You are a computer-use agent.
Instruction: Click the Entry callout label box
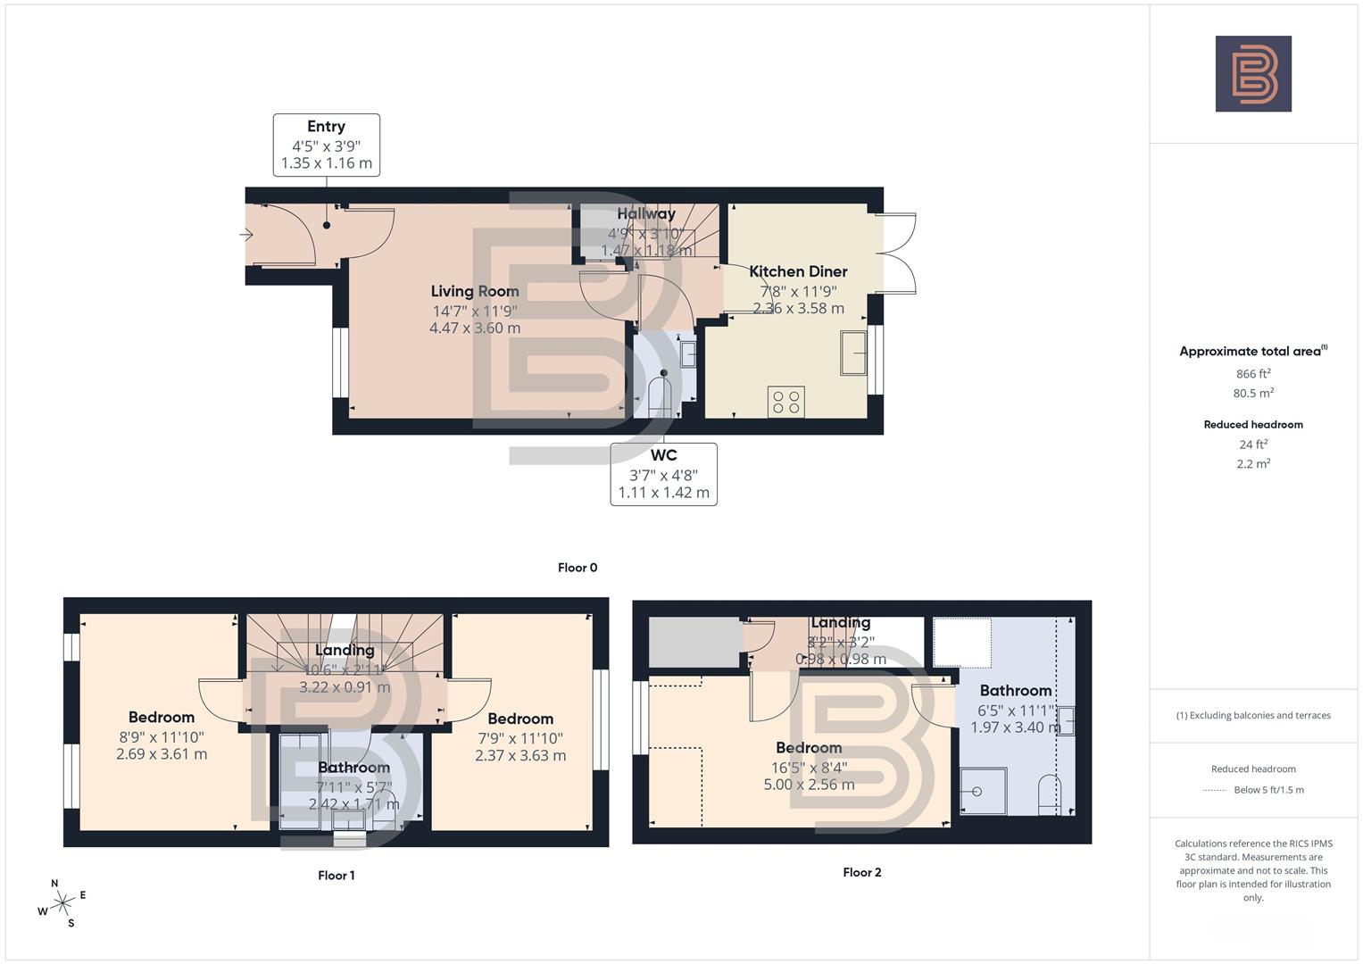coord(326,145)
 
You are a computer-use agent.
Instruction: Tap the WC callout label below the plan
coord(663,474)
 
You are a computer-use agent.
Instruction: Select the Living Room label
coord(475,291)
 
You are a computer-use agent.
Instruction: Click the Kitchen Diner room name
coord(798,271)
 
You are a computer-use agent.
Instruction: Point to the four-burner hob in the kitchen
coord(785,402)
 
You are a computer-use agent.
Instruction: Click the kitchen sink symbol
coord(853,353)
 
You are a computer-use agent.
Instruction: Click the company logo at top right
coord(1253,74)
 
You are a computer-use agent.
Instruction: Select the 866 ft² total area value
coord(1253,374)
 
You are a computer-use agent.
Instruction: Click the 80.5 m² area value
coord(1253,394)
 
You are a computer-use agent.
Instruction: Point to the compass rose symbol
coord(62,903)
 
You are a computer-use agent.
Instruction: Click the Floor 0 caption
coord(578,568)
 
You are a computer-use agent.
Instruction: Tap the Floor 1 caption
coord(337,876)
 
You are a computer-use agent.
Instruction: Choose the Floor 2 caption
coord(862,872)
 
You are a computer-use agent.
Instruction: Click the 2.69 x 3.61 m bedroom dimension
coord(162,754)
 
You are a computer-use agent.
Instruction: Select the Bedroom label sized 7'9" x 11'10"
coord(520,719)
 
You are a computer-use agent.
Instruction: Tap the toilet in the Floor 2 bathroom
coord(1050,794)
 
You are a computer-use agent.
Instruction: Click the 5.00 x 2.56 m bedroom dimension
coord(809,785)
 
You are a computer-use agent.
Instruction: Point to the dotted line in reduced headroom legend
coord(1215,790)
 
